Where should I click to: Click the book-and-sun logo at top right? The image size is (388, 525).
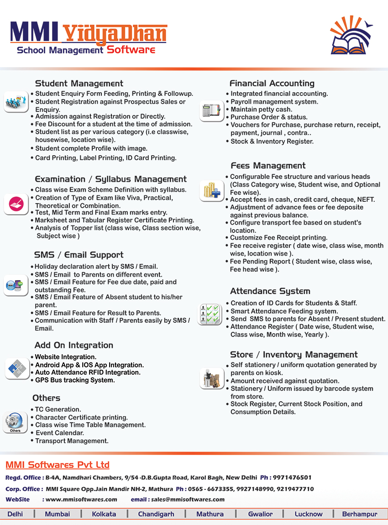(x=351, y=35)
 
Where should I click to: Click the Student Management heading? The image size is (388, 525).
(x=79, y=84)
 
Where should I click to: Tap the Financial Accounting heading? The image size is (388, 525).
(x=272, y=84)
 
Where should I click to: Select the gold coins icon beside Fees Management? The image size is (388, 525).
(x=211, y=190)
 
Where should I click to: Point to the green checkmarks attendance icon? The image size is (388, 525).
(x=210, y=314)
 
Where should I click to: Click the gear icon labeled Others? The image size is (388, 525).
(x=15, y=422)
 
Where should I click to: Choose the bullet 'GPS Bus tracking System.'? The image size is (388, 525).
(x=75, y=380)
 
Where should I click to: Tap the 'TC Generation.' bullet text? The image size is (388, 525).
(x=58, y=409)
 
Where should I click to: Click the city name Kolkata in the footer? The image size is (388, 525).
(x=104, y=514)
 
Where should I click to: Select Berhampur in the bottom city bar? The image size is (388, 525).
(x=360, y=514)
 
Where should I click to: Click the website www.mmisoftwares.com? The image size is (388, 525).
(x=81, y=499)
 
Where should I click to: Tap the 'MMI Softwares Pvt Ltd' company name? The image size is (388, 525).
(x=58, y=465)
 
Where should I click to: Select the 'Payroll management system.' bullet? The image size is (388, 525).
(x=274, y=102)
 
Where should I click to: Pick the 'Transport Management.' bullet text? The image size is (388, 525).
(x=72, y=441)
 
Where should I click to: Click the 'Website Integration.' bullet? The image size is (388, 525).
(x=66, y=357)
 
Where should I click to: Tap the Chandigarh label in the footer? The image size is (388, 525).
(x=156, y=514)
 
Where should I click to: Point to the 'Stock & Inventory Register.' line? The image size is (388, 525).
(x=272, y=142)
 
